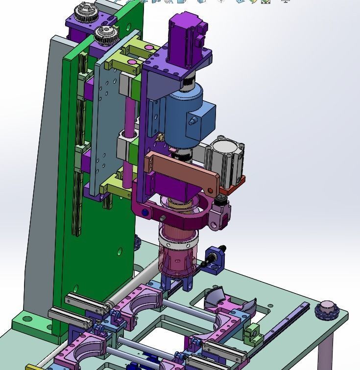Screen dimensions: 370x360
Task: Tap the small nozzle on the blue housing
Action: click(x=192, y=119)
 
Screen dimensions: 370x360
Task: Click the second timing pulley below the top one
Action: click(x=104, y=34)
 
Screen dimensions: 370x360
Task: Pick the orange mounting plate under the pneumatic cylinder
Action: click(x=232, y=186)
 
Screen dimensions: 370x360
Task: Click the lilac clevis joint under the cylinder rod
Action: click(x=220, y=215)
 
